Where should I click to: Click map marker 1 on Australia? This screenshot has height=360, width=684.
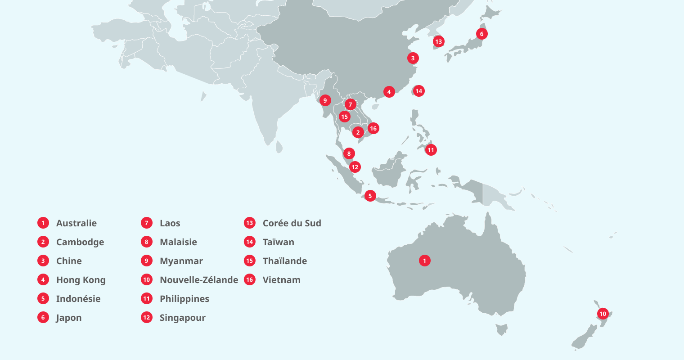pos(424,261)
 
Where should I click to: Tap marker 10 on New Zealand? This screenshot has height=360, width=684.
pos(603,314)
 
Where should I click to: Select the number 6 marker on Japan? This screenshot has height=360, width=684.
pos(481,34)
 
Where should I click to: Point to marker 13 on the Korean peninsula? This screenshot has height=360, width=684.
pos(438,41)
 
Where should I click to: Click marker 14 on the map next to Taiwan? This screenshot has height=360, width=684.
pos(418,91)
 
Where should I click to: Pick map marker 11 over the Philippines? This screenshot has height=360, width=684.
pos(431,150)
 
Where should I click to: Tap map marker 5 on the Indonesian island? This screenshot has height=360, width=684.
pos(370,196)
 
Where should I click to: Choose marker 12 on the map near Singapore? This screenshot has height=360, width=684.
pos(355,167)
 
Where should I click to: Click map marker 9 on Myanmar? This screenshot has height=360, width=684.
pos(325,100)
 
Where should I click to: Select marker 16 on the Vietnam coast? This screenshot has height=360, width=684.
pos(373,128)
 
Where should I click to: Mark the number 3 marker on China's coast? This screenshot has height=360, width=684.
pos(413,58)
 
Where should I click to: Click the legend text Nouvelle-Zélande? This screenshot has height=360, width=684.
pos(198,280)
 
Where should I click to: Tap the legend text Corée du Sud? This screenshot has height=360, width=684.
pos(292,223)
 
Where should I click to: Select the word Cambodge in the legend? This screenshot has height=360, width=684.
pos(80,242)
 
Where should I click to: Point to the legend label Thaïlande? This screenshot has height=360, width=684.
pos(284,261)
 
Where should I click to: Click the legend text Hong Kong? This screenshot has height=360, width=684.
pos(81,280)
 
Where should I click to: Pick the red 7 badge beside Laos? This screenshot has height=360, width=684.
pos(146,223)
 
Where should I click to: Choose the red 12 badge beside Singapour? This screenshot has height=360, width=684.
pos(146,318)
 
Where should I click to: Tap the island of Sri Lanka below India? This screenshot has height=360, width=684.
pos(279,147)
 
